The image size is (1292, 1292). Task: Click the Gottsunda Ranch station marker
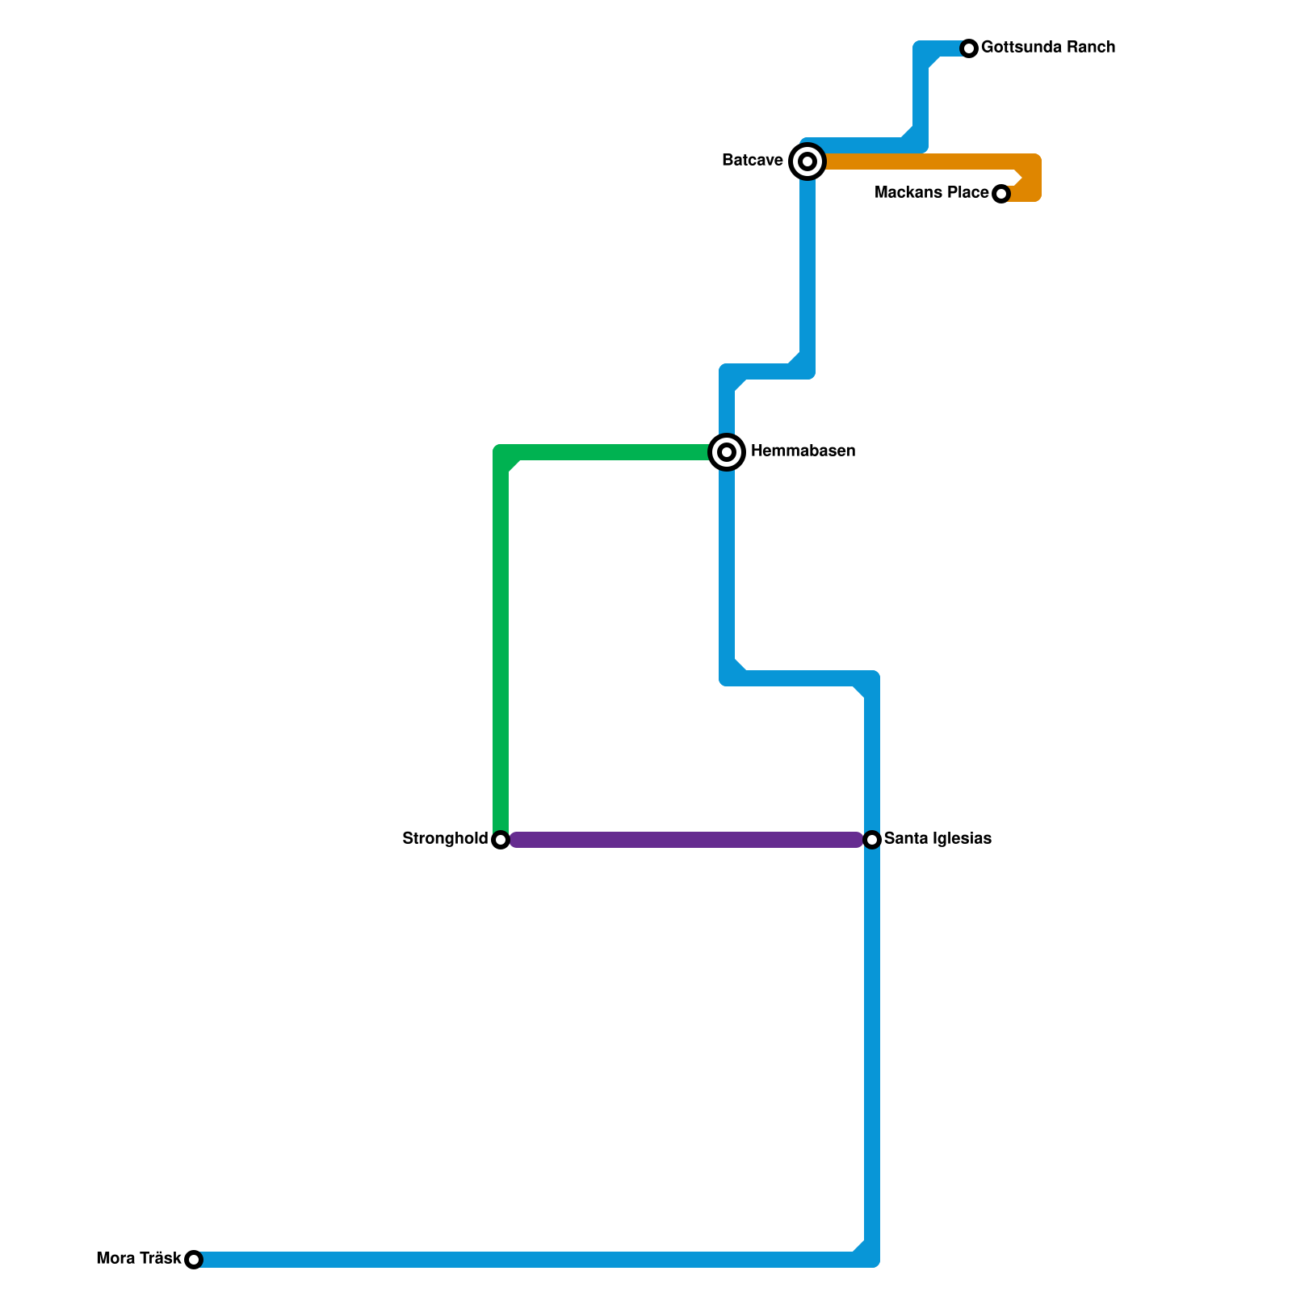(969, 48)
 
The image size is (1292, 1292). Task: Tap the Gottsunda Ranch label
(1047, 48)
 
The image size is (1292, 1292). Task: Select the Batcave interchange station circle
(807, 161)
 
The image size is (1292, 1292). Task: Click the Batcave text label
(752, 161)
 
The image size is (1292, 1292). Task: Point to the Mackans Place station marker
(1001, 194)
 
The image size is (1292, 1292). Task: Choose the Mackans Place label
(931, 193)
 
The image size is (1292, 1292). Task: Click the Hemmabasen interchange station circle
(727, 452)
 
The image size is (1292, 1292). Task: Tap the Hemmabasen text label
(803, 451)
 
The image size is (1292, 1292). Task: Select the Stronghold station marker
(501, 840)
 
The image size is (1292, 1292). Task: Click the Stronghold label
(445, 839)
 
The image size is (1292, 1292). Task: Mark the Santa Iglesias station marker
(872, 840)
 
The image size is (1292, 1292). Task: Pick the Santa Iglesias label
(938, 839)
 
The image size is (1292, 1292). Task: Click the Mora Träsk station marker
(194, 1260)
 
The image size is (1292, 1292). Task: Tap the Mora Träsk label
(139, 1259)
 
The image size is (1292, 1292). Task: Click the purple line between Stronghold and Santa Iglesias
(686, 840)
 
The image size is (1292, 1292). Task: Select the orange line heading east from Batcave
(921, 161)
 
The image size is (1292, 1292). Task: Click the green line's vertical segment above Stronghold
(501, 646)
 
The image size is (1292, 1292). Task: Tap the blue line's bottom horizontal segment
(525, 1260)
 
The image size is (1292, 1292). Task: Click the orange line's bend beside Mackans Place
(1032, 178)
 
